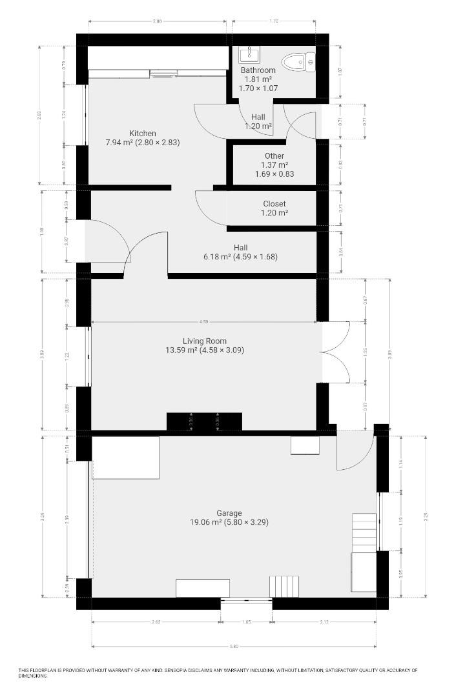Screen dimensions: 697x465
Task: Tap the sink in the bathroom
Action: pyautogui.click(x=249, y=55)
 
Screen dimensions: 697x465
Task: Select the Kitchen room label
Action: pyautogui.click(x=142, y=134)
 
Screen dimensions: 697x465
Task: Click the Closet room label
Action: pyautogui.click(x=274, y=204)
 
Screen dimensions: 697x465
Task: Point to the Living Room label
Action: pyautogui.click(x=204, y=341)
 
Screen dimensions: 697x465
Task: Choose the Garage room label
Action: pyautogui.click(x=229, y=514)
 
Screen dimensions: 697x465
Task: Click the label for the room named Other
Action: pyautogui.click(x=274, y=156)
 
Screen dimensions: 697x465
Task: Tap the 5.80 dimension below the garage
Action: pyautogui.click(x=234, y=646)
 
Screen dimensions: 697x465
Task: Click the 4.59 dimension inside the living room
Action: pyautogui.click(x=204, y=321)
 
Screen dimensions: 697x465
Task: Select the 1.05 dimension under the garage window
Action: pyautogui.click(x=246, y=622)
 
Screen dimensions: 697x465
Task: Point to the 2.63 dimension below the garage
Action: pyautogui.click(x=156, y=622)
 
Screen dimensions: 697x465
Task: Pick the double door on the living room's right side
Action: pyautogui.click(x=336, y=352)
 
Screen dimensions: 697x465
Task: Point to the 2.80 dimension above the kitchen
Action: pyautogui.click(x=157, y=21)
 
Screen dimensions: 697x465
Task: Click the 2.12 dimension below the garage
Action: pyautogui.click(x=324, y=622)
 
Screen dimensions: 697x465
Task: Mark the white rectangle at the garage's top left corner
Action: pyautogui.click(x=125, y=458)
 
